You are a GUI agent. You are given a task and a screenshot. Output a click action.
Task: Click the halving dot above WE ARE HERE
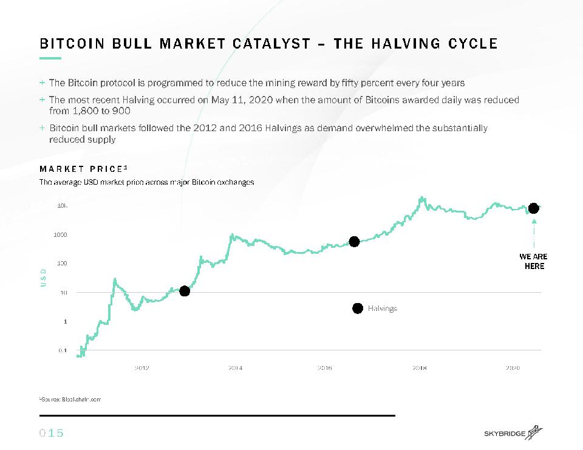[x=533, y=208]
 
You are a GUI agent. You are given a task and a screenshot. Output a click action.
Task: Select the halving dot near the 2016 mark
[x=354, y=242]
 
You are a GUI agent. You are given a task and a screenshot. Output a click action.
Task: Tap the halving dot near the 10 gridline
[x=185, y=291]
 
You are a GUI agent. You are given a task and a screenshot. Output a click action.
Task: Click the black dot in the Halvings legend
[x=357, y=308]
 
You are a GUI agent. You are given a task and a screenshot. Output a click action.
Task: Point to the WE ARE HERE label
[x=534, y=261]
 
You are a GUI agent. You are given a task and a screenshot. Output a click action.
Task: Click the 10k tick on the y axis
[x=62, y=206]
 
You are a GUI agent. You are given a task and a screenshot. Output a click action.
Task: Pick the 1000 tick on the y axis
[x=61, y=234]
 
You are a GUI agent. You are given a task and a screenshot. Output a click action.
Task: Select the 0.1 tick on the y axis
[x=62, y=350]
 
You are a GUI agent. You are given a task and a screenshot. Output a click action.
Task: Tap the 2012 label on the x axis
[x=141, y=367]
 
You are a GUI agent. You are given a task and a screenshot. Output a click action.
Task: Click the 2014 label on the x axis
[x=236, y=367]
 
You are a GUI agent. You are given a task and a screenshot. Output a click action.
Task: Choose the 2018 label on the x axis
[x=420, y=367]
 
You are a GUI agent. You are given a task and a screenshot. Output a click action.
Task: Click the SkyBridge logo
[x=513, y=432]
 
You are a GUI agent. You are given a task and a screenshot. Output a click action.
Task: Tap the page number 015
[x=52, y=433]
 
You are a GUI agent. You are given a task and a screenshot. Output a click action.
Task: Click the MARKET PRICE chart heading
[x=84, y=169]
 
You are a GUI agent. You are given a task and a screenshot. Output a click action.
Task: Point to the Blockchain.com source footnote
[x=70, y=399]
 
